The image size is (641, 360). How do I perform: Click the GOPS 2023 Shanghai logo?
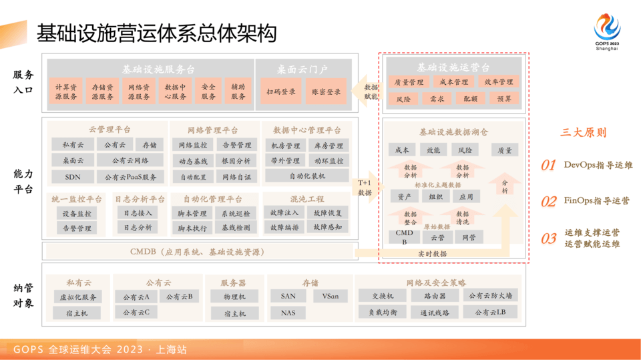(x=606, y=31)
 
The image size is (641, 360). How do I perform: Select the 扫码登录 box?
(x=281, y=92)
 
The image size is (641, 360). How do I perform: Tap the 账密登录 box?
(x=327, y=92)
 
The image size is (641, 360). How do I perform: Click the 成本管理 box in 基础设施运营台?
(x=453, y=82)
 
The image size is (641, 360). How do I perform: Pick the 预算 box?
(x=504, y=99)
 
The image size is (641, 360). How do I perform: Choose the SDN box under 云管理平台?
(x=73, y=177)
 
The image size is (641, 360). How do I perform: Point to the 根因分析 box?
(x=236, y=161)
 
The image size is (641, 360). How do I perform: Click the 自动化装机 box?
(x=307, y=176)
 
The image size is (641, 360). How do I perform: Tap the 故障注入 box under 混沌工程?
(x=284, y=213)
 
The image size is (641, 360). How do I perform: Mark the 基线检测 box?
(x=236, y=228)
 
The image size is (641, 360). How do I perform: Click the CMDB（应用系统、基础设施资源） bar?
(x=198, y=252)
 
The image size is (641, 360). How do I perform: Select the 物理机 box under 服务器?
(x=234, y=297)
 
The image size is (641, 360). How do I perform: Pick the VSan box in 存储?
(x=331, y=296)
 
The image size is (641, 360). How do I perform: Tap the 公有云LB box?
(x=490, y=313)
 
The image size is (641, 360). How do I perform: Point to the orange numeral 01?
(x=548, y=165)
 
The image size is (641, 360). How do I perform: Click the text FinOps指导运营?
(x=596, y=200)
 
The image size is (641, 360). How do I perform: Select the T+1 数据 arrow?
(x=365, y=188)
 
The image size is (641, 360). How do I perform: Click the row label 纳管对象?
(x=23, y=295)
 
